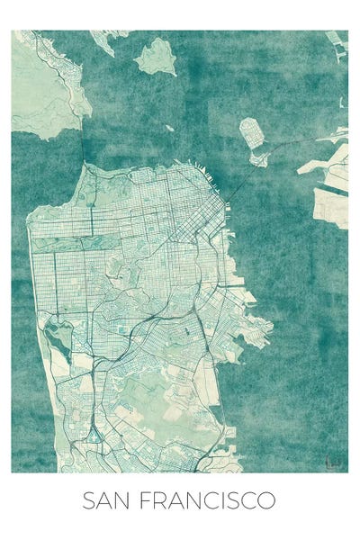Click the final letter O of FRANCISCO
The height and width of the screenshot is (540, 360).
pos(267,500)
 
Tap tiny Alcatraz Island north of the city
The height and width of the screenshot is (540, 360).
pos(169,128)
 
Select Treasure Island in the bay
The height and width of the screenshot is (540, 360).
pos(252,132)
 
